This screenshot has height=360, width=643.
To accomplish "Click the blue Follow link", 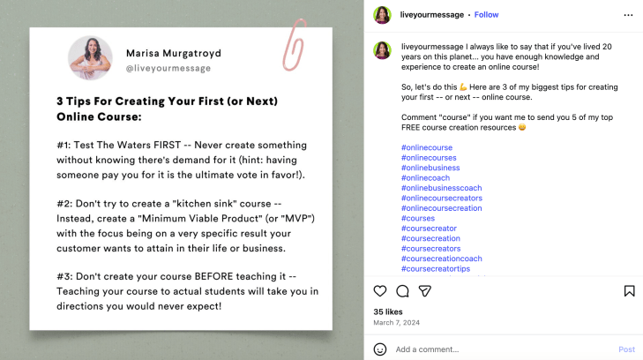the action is (486, 15).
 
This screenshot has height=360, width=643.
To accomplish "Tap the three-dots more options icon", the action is (628, 15).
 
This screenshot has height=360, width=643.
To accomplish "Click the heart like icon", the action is (380, 290).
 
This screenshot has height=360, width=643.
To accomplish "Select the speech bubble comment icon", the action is (402, 291).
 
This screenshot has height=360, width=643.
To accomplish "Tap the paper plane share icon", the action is (425, 291).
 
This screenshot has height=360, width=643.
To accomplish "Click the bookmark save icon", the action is (630, 290).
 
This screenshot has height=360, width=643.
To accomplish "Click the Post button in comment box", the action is (626, 349).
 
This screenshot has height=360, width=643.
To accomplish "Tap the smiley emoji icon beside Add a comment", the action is (380, 349).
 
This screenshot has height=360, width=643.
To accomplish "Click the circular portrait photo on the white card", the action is (90, 58).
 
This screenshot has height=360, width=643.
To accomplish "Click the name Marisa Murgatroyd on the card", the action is (174, 53).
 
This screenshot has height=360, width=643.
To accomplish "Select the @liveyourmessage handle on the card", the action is (168, 69).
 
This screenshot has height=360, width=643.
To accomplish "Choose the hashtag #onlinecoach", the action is (425, 178).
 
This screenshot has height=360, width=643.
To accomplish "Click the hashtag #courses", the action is (418, 218).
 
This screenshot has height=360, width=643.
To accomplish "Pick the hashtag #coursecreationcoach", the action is (442, 259).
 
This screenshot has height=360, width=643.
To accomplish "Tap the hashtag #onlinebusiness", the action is (430, 168).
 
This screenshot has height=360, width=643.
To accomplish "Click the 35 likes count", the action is (388, 312).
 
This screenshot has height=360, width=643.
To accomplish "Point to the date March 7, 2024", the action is (397, 323).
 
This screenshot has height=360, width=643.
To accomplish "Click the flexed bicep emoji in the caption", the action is (463, 87).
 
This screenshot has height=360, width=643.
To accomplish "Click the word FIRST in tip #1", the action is (167, 146).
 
